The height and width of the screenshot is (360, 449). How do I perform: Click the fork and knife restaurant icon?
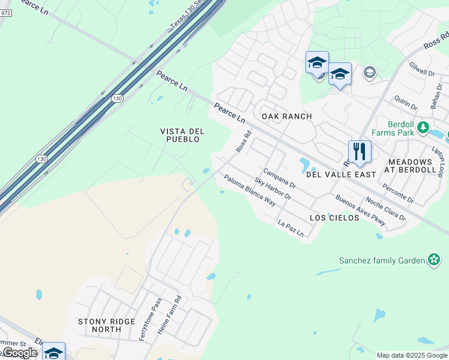tap(360, 151)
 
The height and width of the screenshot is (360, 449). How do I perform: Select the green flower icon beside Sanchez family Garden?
tap(434, 260)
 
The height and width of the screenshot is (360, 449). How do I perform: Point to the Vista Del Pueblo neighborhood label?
tap(182, 135)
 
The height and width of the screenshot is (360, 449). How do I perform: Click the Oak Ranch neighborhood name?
tap(286, 116)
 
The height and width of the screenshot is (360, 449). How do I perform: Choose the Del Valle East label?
tap(341, 174)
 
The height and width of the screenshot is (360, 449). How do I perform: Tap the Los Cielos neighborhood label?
tap(334, 217)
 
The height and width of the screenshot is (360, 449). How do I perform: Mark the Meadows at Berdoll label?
tap(419, 166)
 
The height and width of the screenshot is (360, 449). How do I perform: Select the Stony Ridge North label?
tap(107, 326)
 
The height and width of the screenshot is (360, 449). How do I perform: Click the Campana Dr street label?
tap(280, 178)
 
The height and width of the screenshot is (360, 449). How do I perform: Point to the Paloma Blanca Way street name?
tap(250, 190)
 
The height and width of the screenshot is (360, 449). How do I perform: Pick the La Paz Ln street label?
tap(291, 228)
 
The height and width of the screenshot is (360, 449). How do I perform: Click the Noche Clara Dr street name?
tap(385, 209)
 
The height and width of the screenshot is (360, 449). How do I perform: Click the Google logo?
tap(19, 353)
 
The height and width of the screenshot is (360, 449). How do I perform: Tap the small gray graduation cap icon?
tap(370, 73)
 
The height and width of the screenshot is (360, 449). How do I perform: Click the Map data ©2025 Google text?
tap(412, 355)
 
